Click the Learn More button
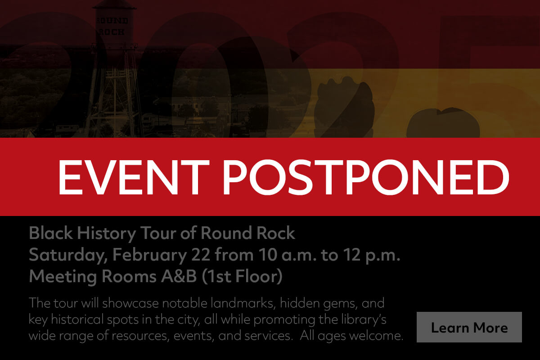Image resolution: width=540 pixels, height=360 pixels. [469, 327]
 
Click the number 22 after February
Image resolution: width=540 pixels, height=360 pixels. [201, 255]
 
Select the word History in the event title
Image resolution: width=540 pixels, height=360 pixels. [104, 234]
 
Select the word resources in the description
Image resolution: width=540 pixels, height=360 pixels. [132, 336]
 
